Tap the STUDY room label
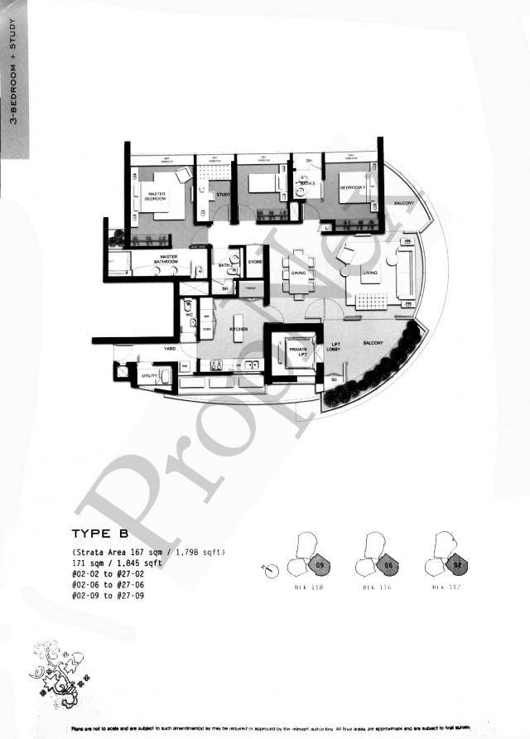click(x=223, y=195)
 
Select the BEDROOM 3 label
click(x=352, y=188)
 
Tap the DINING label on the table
click(x=298, y=273)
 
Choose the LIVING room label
click(x=370, y=271)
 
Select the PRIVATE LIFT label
click(x=297, y=353)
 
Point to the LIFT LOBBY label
click(x=336, y=346)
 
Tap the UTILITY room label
click(x=149, y=376)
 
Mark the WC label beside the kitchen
click(x=189, y=316)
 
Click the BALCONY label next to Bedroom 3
click(x=403, y=203)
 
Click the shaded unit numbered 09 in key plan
click(x=321, y=566)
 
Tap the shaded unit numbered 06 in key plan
click(x=386, y=566)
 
